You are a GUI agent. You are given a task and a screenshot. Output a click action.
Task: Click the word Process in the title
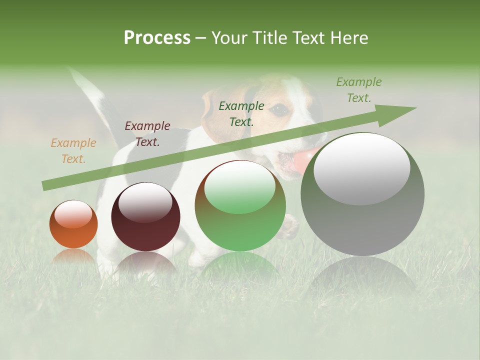(x=157, y=38)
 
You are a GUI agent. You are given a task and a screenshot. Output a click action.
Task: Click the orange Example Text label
(x=73, y=151)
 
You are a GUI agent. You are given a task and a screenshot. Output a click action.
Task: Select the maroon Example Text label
(x=147, y=134)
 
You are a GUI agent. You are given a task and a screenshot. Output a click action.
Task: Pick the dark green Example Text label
(x=241, y=113)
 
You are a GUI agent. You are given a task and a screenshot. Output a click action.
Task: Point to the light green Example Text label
(x=358, y=90)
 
